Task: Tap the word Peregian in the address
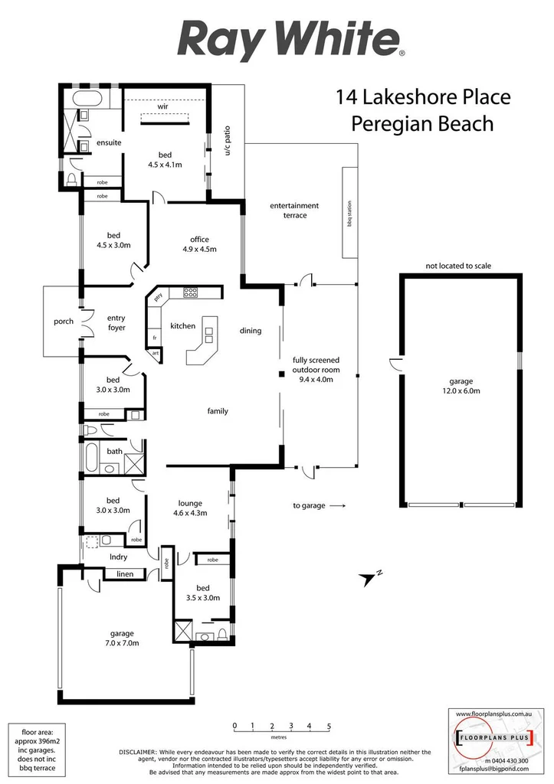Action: click(x=388, y=122)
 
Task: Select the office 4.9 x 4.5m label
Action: click(x=199, y=244)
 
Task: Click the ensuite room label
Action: click(x=109, y=143)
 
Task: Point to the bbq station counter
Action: click(x=349, y=214)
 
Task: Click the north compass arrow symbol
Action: click(x=370, y=578)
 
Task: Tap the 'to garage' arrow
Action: click(x=337, y=505)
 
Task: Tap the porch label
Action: click(x=64, y=322)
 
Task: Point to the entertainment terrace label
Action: click(x=295, y=211)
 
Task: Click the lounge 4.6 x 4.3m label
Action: click(x=190, y=508)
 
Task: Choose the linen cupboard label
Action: click(x=124, y=573)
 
